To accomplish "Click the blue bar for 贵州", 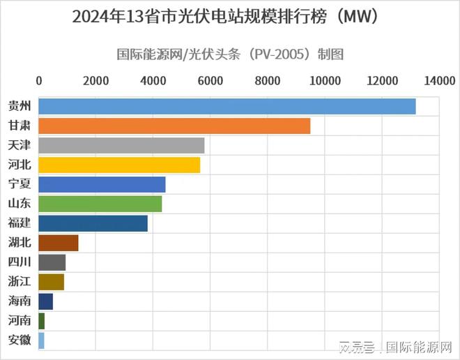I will coord(227,107).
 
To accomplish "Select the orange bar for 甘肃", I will coord(174,126).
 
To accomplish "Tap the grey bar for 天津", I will coord(121,146).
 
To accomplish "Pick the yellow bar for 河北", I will coord(119,165).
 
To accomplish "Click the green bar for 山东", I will coord(100,204).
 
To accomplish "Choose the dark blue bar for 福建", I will coord(93,223).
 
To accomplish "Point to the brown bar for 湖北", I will coord(58,243).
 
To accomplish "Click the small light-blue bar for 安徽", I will coord(41,340).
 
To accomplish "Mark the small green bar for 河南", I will coord(41,321).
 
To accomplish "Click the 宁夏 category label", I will coord(19,185).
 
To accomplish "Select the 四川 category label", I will coord(19,262).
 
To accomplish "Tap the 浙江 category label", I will coord(19,282).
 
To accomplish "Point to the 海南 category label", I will coord(19,301).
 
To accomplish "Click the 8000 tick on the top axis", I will coord(267,80).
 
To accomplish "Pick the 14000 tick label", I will coord(438,80).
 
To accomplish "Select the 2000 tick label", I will coord(95,80).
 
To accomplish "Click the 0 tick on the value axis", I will coord(38,80).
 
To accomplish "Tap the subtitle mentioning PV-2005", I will coord(229,54).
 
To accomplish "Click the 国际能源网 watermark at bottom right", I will coord(419,345).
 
